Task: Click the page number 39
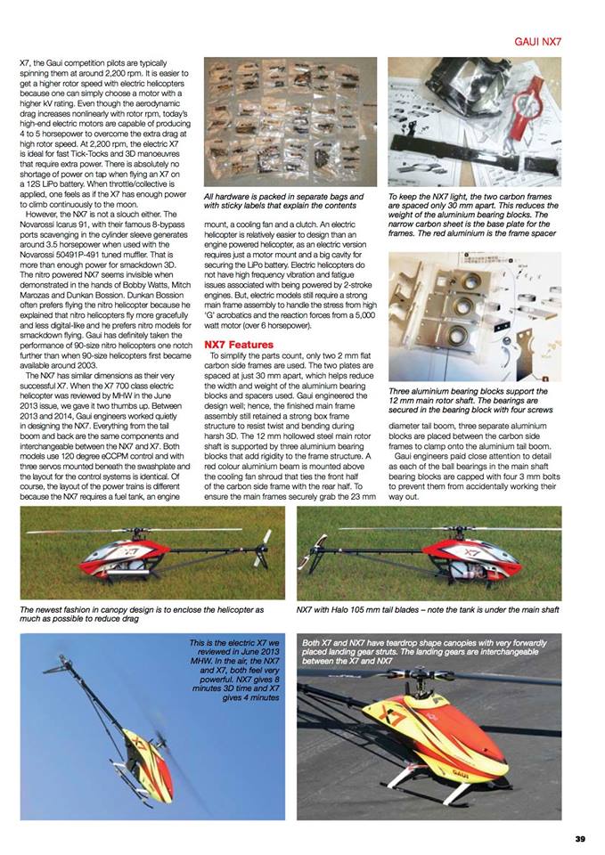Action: [578, 837]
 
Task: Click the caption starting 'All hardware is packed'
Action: [283, 200]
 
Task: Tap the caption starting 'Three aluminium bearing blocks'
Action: [472, 402]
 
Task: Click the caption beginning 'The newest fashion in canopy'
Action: [142, 614]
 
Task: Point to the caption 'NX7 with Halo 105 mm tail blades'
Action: [428, 610]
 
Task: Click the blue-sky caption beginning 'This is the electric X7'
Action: [235, 667]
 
